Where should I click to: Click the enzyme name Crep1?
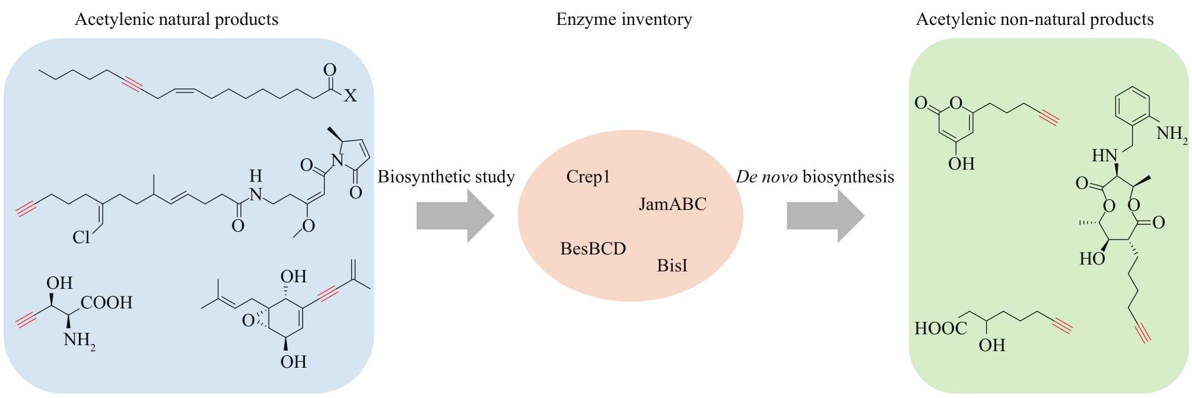[588, 177]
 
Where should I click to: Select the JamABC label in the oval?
[672, 205]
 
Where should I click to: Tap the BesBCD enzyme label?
[593, 249]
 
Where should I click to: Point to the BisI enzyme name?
[672, 265]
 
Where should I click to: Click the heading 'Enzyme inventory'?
[624, 20]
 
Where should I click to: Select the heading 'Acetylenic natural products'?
[176, 20]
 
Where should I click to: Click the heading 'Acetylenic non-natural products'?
[1034, 20]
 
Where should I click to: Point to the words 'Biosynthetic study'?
[446, 177]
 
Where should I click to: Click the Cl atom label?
[81, 237]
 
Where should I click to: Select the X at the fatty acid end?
[350, 96]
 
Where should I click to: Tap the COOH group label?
[106, 303]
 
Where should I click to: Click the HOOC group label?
[940, 329]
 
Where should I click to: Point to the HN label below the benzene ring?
[1105, 156]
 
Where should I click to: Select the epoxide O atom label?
[249, 321]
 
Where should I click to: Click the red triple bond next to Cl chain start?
[26, 208]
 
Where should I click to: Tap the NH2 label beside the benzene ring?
[1171, 134]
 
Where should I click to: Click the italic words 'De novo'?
[767, 177]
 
